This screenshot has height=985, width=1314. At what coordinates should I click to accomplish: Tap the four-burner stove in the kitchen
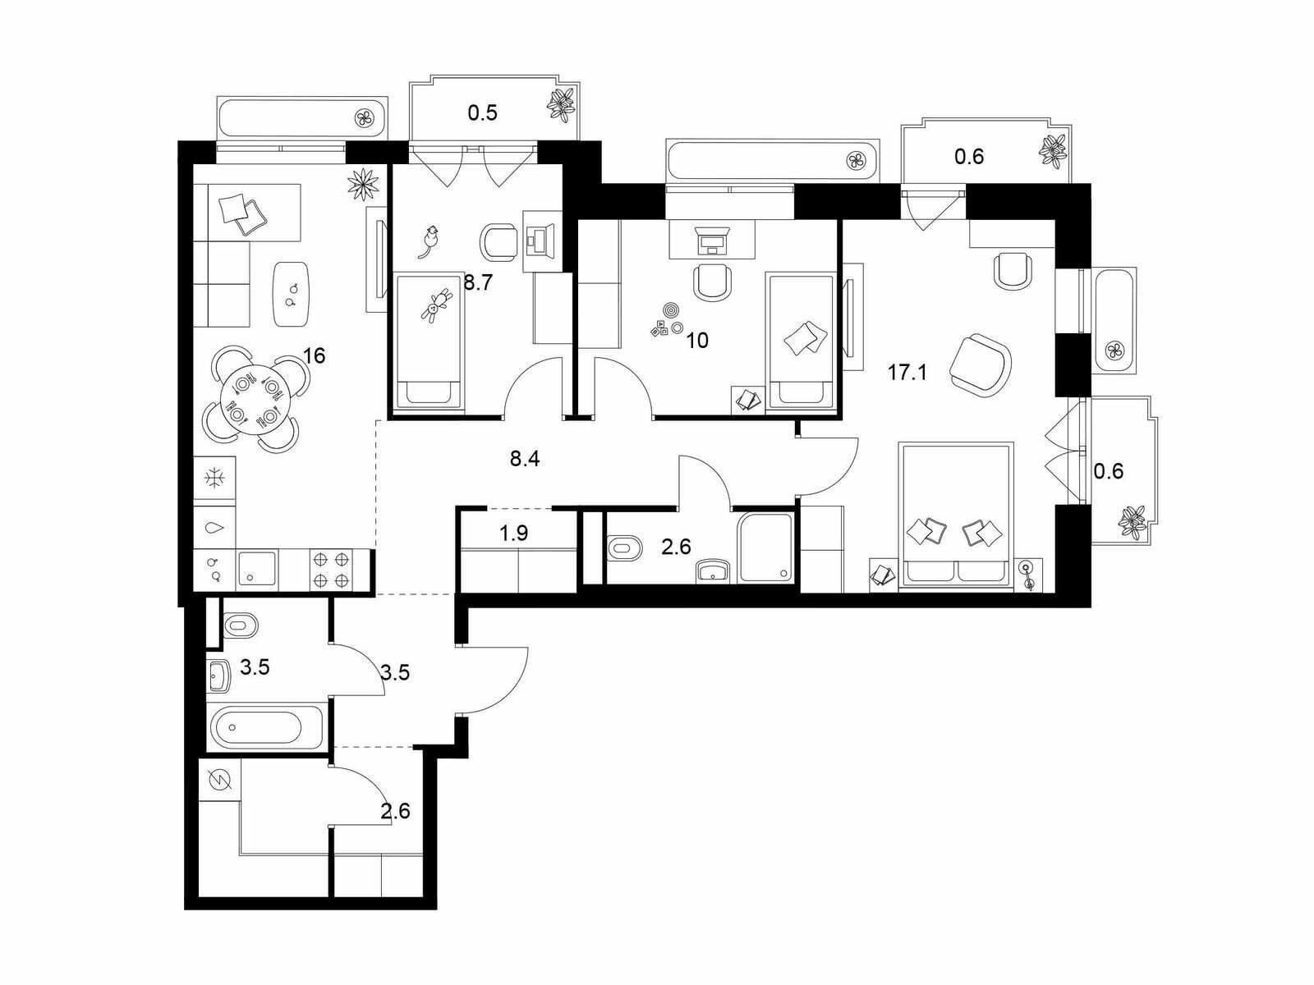(331, 570)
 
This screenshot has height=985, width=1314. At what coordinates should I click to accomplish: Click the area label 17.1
(907, 373)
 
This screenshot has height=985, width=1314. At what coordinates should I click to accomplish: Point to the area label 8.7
(478, 282)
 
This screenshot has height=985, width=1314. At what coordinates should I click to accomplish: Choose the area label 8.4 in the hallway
(525, 459)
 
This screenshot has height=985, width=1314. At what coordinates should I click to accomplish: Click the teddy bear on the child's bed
(435, 305)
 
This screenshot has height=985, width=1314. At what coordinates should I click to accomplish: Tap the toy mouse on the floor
(430, 241)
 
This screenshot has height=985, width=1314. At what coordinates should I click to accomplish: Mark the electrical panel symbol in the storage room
(219, 780)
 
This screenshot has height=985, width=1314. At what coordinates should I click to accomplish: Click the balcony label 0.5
(483, 112)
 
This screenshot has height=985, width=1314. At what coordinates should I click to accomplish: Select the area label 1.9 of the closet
(513, 532)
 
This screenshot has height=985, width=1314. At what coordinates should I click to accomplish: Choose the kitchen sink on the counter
(257, 568)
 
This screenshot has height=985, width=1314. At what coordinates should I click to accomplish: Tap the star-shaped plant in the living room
(364, 184)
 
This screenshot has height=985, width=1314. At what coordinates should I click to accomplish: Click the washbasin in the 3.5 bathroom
(218, 676)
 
